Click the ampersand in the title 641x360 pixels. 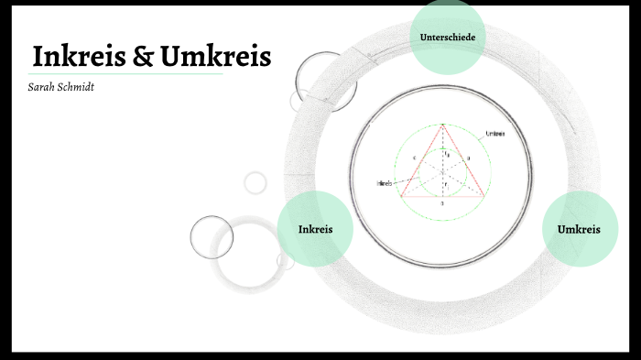pyautogui.click(x=142, y=57)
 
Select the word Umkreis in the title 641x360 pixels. pyautogui.click(x=215, y=57)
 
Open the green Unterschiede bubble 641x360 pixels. pyautogui.click(x=447, y=37)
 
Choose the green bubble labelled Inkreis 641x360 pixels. pyautogui.click(x=315, y=228)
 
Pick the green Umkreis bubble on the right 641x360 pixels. pyautogui.click(x=580, y=228)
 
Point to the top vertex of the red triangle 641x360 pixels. pyautogui.click(x=442, y=124)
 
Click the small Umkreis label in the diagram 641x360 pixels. pyautogui.click(x=495, y=134)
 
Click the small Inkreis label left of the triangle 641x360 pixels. pyautogui.click(x=384, y=183)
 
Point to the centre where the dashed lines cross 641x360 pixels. pyautogui.click(x=442, y=171)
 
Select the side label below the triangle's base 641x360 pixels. pyautogui.click(x=442, y=203)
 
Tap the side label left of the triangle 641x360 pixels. pyautogui.click(x=415, y=158)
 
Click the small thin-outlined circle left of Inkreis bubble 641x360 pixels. pyautogui.click(x=212, y=236)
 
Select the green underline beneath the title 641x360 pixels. pyautogui.click(x=128, y=74)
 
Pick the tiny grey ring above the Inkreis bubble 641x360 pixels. pyautogui.click(x=255, y=182)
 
